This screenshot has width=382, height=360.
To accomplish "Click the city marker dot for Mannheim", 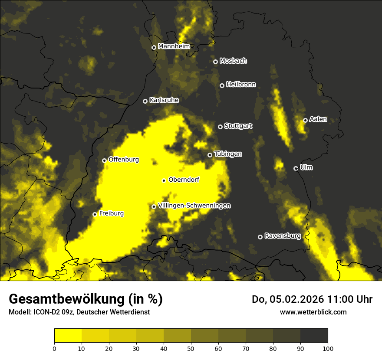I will tap(154, 48).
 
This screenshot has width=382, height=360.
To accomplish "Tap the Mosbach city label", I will tap(233, 61).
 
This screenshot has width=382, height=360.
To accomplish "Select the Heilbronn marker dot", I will tap(222, 85).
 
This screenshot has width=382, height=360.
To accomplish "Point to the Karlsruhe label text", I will tap(164, 100).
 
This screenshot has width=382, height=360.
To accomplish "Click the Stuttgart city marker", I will tap(220, 127).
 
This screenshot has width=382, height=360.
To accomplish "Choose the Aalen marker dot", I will tap(305, 120).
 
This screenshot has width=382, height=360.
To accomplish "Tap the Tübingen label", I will tap(228, 154).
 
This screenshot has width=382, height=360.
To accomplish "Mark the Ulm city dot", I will tap(296, 168).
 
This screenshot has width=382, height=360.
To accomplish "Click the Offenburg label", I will tap(123, 160).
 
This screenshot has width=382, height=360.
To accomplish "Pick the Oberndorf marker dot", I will tap(164, 180).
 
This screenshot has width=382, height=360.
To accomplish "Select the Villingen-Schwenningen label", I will tap(194, 206).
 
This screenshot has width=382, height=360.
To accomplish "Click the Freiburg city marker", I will tap(95, 214).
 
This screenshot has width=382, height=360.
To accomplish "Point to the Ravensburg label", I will tap(282, 236).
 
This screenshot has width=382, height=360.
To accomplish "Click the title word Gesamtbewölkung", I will tap(66, 299).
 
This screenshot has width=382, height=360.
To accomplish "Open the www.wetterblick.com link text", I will tap(313, 312).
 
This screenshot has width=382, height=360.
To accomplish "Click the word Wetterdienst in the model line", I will tap(131, 312).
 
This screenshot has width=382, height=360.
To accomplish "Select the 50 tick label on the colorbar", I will tap(191, 348).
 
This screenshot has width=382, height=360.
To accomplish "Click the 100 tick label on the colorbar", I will tap(328, 348).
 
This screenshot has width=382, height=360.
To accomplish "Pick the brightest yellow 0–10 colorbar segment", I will tap(68, 336).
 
